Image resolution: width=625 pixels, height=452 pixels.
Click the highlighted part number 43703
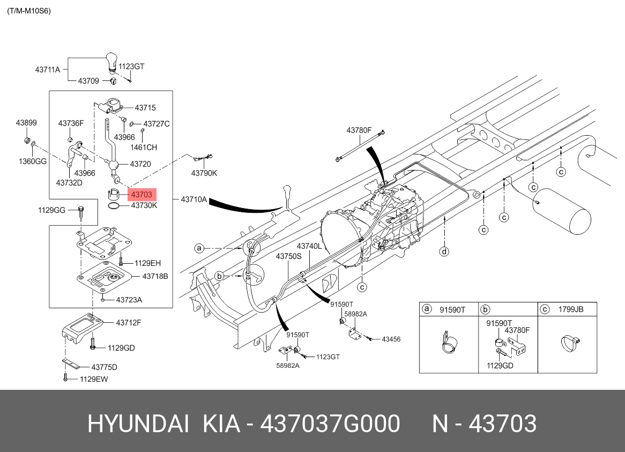point(140,195)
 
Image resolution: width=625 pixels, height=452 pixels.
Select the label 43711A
point(48,69)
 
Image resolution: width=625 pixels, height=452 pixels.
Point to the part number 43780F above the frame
point(359,130)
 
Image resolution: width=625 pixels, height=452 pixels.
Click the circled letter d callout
point(444,251)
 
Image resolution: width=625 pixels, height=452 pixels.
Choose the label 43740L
point(309,246)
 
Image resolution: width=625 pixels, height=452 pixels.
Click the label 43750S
point(289,257)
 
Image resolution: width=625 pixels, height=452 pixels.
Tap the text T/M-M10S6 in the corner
point(29,11)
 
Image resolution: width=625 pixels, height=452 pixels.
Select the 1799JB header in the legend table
point(570,309)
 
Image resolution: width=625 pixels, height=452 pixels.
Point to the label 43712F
point(128,322)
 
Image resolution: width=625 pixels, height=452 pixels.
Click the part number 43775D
point(104,367)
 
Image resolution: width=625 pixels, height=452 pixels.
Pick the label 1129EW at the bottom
point(94,379)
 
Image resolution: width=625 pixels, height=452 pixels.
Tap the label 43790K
point(204,173)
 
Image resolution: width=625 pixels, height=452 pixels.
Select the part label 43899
point(26,123)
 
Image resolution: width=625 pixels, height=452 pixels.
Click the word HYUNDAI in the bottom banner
point(138,424)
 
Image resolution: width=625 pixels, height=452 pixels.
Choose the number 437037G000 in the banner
point(330,424)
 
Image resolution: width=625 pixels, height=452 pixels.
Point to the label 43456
point(391,339)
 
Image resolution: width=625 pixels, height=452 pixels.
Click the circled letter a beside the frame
point(199,248)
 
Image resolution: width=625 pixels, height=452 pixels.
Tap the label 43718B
point(155,276)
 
